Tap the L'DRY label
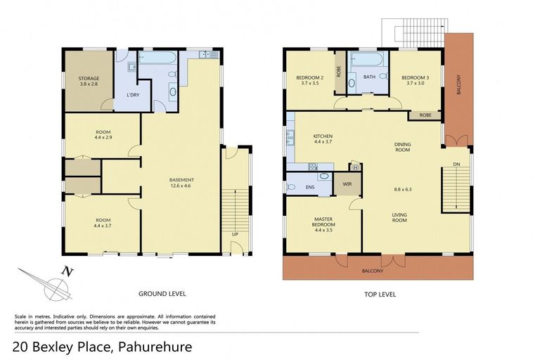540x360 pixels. pos(131,96)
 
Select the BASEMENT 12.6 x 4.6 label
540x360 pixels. pos(181,183)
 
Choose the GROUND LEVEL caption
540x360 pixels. pos(163,293)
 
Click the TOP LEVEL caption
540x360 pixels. pos(381,293)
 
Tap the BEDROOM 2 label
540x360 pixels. pos(310,79)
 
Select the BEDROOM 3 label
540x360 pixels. pos(413,79)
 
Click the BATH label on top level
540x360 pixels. pos(370,77)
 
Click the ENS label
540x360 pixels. pos(310,187)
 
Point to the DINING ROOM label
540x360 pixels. pos(402,146)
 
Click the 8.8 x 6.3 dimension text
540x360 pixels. pos(402,188)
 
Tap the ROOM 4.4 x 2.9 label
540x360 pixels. pos(98,134)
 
